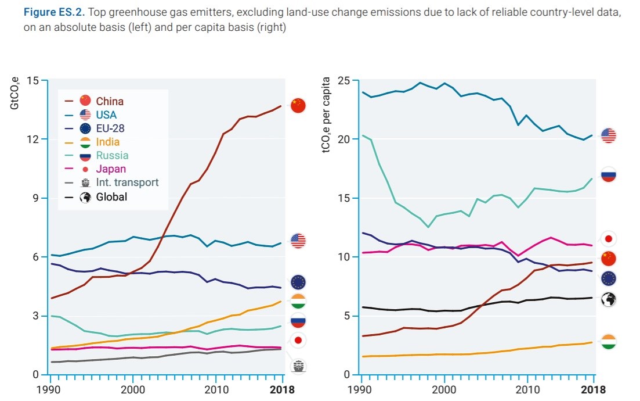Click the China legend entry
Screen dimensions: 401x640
click(102, 101)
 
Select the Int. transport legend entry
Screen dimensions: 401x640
click(119, 182)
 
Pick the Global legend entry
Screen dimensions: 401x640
click(104, 197)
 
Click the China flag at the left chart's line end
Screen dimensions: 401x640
click(298, 106)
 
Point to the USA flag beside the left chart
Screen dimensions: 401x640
click(298, 241)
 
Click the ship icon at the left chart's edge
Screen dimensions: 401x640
click(298, 366)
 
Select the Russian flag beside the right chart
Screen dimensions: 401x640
click(609, 174)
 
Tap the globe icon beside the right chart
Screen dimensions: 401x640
click(609, 300)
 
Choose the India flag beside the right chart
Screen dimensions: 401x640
click(609, 342)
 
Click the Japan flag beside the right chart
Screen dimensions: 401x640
click(609, 238)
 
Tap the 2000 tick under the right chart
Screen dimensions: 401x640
click(445, 389)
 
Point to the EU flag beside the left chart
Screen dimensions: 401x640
click(298, 282)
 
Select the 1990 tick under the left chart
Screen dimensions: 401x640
click(52, 389)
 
